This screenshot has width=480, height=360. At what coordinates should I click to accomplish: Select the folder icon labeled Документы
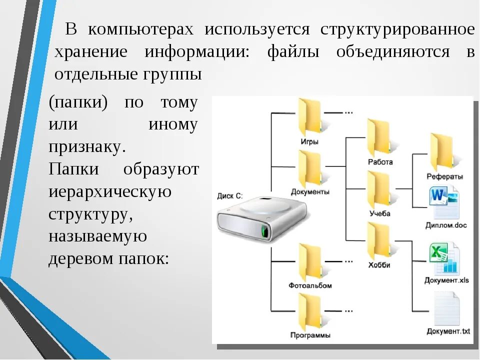click(x=309, y=169)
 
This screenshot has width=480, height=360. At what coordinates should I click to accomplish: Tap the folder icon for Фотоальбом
click(x=309, y=261)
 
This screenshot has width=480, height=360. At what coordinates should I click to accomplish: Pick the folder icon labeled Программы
click(x=309, y=311)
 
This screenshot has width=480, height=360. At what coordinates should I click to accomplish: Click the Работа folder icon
click(x=378, y=137)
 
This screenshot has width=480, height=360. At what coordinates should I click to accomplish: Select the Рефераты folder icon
click(x=441, y=152)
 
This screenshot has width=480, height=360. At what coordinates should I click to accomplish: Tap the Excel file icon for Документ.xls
click(x=444, y=258)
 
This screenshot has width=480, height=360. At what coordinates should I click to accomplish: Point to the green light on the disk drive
click(x=263, y=231)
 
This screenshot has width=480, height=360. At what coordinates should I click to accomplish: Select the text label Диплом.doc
click(x=446, y=225)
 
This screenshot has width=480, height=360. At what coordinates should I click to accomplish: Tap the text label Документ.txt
click(x=448, y=331)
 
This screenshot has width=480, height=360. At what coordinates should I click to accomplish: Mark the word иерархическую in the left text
click(x=110, y=191)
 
